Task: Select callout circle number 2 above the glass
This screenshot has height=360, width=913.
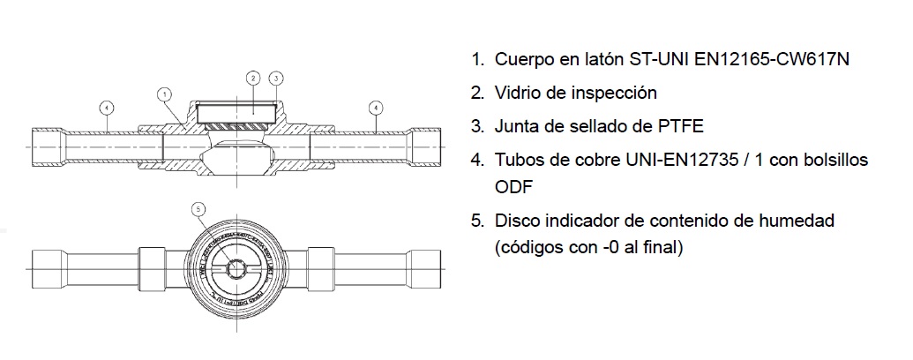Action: click(253, 79)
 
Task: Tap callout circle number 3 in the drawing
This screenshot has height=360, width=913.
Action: click(276, 79)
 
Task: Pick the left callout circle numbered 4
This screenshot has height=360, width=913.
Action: click(105, 109)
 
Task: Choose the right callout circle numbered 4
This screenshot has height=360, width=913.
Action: click(376, 109)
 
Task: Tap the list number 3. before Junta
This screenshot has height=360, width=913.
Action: click(477, 125)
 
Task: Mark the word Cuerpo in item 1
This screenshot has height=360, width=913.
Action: click(522, 60)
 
